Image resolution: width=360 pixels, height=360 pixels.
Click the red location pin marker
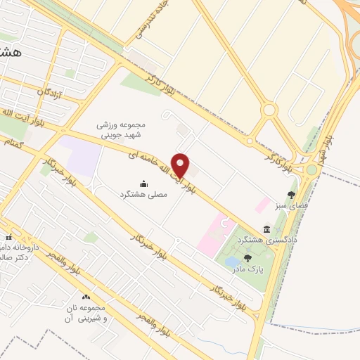181,165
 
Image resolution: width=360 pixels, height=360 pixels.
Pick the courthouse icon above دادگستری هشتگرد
266,229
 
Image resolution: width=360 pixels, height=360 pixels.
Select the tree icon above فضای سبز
291,195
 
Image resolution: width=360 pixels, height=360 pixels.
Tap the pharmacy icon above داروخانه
10,237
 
